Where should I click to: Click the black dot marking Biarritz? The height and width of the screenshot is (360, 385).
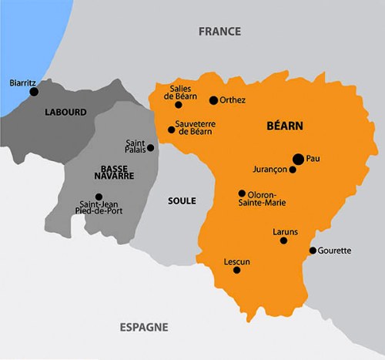click(34, 92)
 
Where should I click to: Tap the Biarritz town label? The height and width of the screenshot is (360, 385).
click(22, 82)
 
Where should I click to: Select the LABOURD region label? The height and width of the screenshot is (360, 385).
click(66, 113)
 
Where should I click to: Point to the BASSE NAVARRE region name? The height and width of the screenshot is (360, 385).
click(118, 171)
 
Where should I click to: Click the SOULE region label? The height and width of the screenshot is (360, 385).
click(182, 200)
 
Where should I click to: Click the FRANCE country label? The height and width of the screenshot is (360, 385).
click(219, 32)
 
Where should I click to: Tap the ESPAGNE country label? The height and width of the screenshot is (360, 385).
click(144, 327)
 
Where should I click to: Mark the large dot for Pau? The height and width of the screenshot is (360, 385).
click(297, 159)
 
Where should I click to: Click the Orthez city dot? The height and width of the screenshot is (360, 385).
click(213, 100)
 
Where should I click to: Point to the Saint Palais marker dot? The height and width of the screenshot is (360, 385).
click(150, 147)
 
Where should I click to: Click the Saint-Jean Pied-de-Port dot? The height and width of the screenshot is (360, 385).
click(99, 197)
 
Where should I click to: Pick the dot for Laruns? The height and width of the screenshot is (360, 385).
click(283, 241)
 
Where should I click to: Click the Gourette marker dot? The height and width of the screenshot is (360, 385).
click(312, 251)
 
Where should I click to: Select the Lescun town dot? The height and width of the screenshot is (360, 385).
click(236, 270)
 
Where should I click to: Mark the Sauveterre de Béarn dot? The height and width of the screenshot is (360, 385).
click(171, 130)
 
